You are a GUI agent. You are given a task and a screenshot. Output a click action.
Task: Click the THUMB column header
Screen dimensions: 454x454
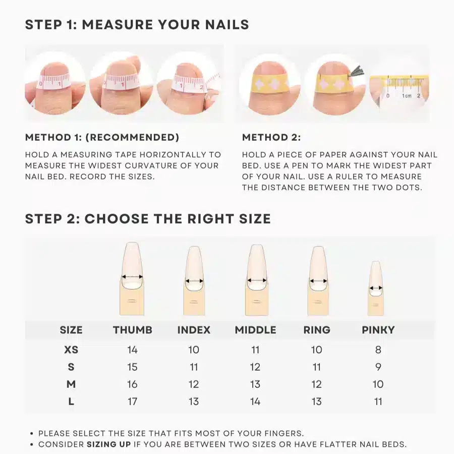point(132,330)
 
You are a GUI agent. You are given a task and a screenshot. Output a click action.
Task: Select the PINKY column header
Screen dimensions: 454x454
point(378,330)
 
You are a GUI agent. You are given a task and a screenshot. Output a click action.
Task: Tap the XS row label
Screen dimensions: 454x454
point(71,350)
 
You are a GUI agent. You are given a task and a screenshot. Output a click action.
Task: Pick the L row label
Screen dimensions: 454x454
point(71,402)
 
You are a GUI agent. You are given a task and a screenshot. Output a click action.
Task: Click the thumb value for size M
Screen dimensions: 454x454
point(132,384)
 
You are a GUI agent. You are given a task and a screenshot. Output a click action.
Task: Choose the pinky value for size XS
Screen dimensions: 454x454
point(378,350)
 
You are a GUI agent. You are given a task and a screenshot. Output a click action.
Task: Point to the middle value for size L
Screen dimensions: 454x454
point(255,402)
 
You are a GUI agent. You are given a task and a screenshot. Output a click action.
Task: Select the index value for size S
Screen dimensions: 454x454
point(194,367)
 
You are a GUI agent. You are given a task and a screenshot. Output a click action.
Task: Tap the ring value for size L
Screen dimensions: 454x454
point(316,402)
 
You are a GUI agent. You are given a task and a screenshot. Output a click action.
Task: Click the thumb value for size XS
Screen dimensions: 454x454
point(132,350)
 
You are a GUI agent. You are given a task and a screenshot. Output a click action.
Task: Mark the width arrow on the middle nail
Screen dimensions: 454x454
point(256,280)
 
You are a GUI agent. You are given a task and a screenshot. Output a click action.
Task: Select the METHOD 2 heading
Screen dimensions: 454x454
point(271,138)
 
